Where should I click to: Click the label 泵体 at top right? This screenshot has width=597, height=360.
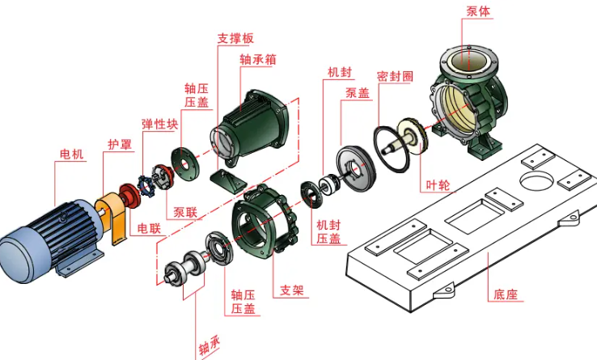click(x=478, y=11)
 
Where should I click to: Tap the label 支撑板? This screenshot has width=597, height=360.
click(x=235, y=38)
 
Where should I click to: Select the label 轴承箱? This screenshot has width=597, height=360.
click(x=258, y=59)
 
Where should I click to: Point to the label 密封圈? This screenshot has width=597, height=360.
click(x=395, y=76)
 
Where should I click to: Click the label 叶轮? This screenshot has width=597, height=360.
click(x=438, y=185)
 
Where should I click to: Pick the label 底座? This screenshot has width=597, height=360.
click(x=506, y=294)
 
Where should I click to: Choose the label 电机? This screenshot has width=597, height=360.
click(x=71, y=155)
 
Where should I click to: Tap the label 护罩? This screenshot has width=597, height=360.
click(x=120, y=144)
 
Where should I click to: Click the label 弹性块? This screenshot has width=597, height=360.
click(x=160, y=125)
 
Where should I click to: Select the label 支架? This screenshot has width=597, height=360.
click(x=292, y=290)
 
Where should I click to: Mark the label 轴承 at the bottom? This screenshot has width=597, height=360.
click(x=210, y=345)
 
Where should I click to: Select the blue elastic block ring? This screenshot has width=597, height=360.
click(x=145, y=186)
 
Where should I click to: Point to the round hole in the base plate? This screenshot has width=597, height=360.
click(x=536, y=180)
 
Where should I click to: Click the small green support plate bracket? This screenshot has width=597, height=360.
click(x=227, y=182)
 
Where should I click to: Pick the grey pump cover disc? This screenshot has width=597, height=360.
click(x=356, y=168)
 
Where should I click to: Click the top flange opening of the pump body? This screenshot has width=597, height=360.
click(x=468, y=61)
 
